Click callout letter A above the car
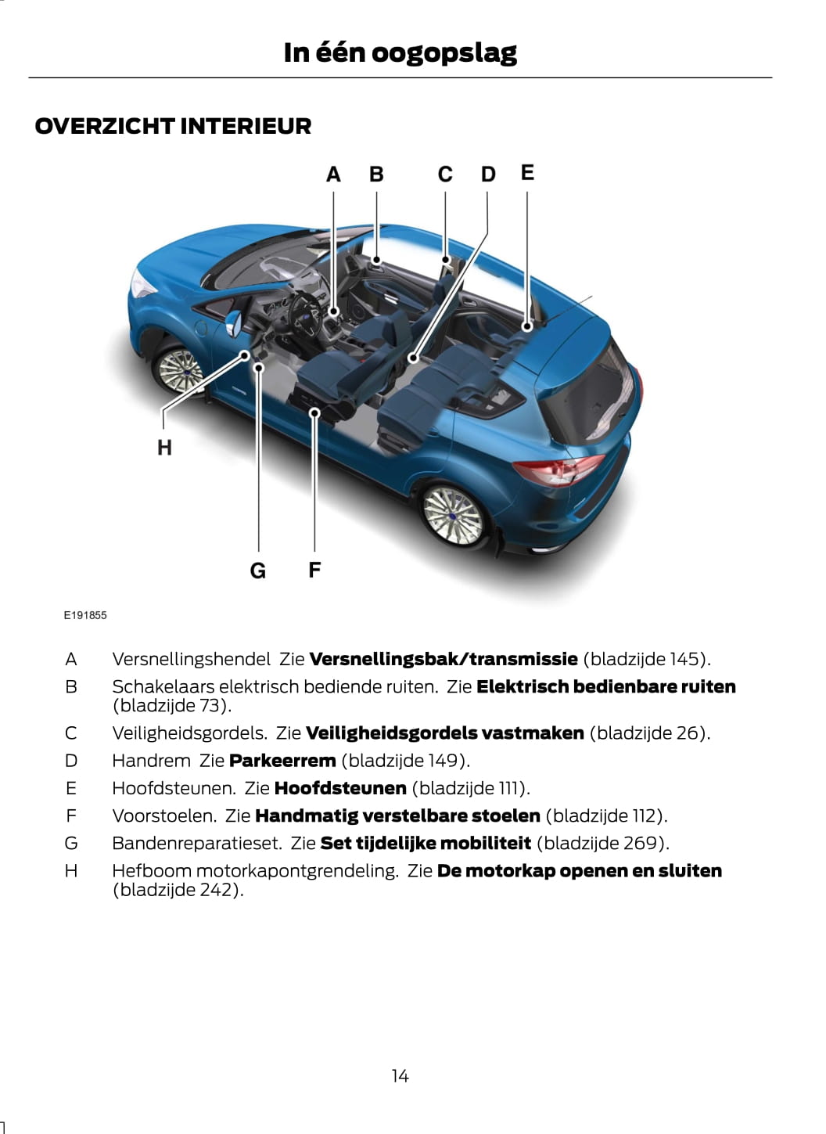(x=333, y=175)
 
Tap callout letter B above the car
(x=376, y=175)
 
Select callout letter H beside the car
(x=164, y=448)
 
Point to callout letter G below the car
(x=257, y=571)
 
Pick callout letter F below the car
(x=314, y=570)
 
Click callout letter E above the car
(x=527, y=172)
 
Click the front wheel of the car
(x=179, y=369)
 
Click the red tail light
(x=557, y=471)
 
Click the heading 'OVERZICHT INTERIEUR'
(x=173, y=126)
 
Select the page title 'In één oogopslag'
(x=400, y=52)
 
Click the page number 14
(x=400, y=1076)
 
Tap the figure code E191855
(x=85, y=615)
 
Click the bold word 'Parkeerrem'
(x=282, y=761)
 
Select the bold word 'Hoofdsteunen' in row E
(x=340, y=788)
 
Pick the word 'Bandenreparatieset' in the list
(x=196, y=843)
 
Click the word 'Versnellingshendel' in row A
(x=191, y=659)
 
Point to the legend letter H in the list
(x=71, y=871)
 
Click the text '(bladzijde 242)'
(x=178, y=890)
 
